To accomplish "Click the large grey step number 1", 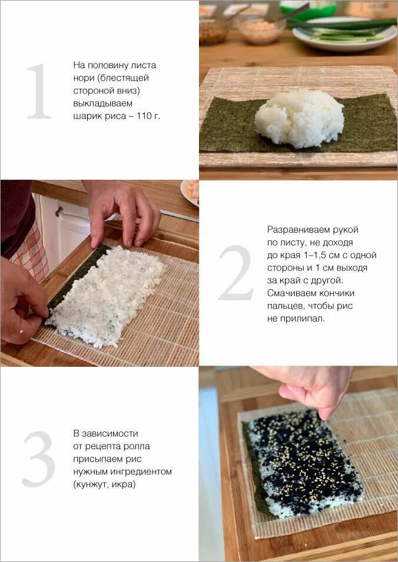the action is pos(39,91).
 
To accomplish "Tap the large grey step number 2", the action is pos(236,273).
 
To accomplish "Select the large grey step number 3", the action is pos(39,459).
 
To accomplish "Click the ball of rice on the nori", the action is pos(299,118).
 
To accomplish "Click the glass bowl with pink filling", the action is pos(261,31).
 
